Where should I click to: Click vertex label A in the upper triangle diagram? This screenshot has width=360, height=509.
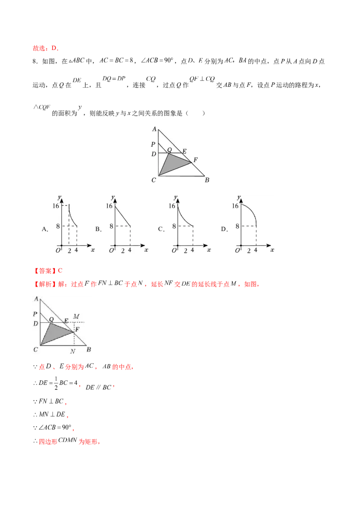154,129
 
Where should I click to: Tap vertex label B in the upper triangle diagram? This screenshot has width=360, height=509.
207,180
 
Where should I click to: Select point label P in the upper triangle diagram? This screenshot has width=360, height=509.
153,145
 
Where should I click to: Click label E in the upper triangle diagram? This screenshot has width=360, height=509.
184,151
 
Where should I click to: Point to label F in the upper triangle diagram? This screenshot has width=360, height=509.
195,160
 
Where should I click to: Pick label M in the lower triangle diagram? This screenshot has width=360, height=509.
76,317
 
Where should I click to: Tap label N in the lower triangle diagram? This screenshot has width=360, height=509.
72,351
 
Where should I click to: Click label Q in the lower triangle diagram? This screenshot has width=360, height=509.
51,319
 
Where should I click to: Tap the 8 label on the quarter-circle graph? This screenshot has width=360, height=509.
237,226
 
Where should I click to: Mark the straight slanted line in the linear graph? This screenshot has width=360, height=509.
123,216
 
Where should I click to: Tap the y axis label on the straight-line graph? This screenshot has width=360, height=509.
112,197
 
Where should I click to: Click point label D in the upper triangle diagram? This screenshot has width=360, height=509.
153,154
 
